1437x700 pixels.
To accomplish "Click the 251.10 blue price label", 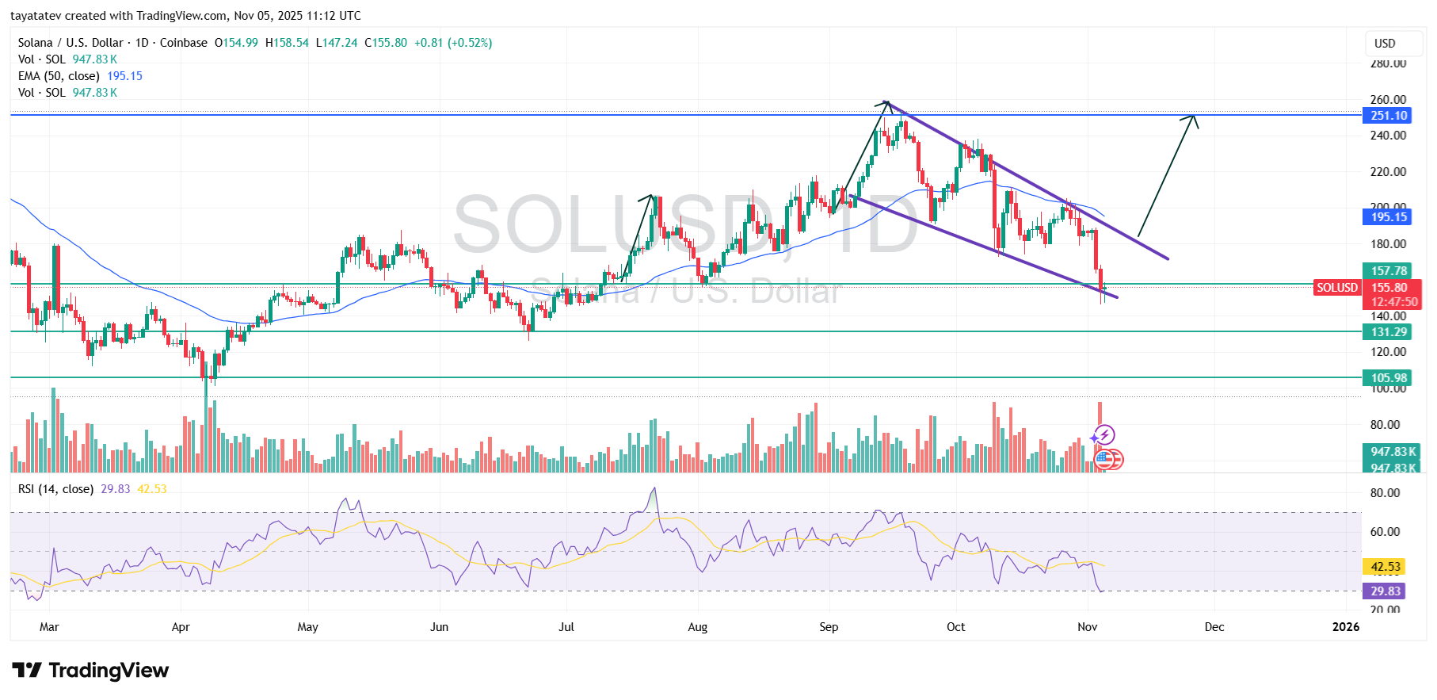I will (x=1389, y=116).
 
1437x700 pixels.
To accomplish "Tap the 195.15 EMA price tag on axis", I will (x=1389, y=217).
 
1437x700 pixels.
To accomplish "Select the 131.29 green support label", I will (x=1389, y=332).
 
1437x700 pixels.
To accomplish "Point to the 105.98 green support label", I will (x=1389, y=378).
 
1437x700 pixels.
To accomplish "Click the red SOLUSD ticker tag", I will (x=1337, y=288).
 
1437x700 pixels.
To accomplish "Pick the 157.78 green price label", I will (x=1389, y=271).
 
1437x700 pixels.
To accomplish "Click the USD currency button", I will (x=1385, y=44).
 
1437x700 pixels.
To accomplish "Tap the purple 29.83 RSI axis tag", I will (x=1386, y=591).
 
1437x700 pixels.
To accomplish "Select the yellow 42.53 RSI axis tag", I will (x=1386, y=567).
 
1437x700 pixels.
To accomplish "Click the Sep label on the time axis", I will (x=829, y=627).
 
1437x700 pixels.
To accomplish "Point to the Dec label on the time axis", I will (x=1214, y=627).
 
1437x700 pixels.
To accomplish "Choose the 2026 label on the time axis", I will (x=1345, y=627).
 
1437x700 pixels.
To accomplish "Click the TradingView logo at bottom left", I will (x=90, y=671).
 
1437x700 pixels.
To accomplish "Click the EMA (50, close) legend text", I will (x=59, y=76).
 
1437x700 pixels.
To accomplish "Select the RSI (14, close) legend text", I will (x=55, y=489).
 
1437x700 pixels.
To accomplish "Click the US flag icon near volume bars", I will (x=1104, y=459).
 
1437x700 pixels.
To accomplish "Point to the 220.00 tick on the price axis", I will (x=1388, y=172).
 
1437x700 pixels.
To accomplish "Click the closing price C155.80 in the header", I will (x=386, y=43).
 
